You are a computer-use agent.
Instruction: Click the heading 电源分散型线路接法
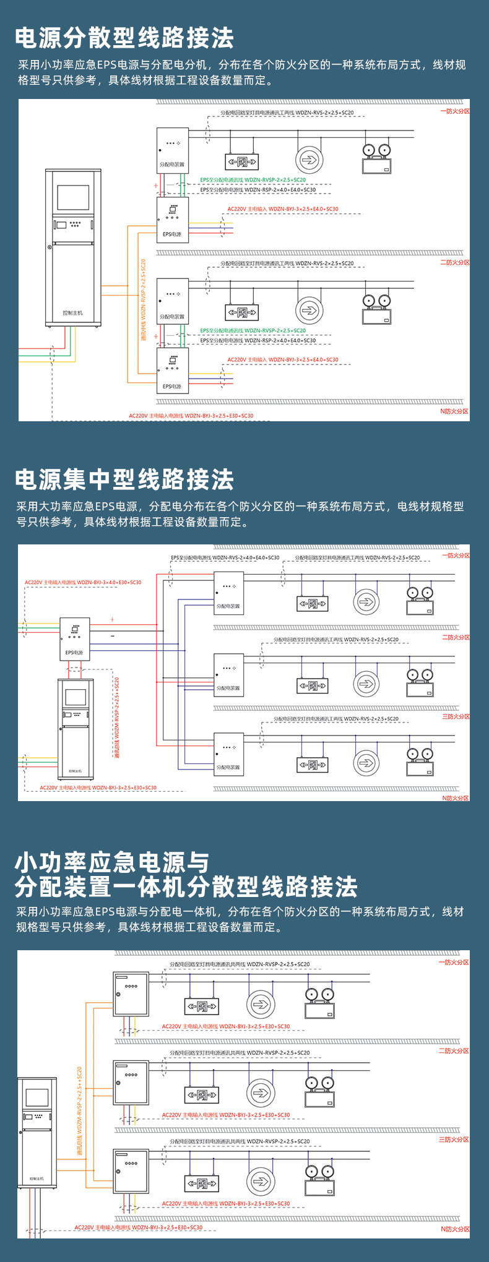[124, 38]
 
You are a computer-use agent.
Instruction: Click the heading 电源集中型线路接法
[124, 480]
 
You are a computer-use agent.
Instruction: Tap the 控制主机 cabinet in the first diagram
[73, 247]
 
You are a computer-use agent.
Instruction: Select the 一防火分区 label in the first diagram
[454, 111]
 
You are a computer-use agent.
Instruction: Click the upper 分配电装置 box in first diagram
[172, 150]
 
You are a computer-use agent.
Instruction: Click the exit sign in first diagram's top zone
[241, 162]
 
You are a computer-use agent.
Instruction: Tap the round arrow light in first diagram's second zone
[309, 310]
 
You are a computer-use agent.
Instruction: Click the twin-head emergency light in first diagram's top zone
[376, 159]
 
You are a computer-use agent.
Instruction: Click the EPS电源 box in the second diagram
[74, 639]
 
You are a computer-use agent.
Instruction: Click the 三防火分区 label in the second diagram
[456, 716]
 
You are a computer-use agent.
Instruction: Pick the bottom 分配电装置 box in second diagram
[228, 753]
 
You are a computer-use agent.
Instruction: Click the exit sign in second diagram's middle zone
[313, 685]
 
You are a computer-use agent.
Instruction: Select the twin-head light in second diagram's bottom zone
[420, 762]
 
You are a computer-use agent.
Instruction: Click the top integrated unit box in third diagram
[131, 994]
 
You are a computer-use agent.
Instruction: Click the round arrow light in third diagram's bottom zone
[261, 1182]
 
